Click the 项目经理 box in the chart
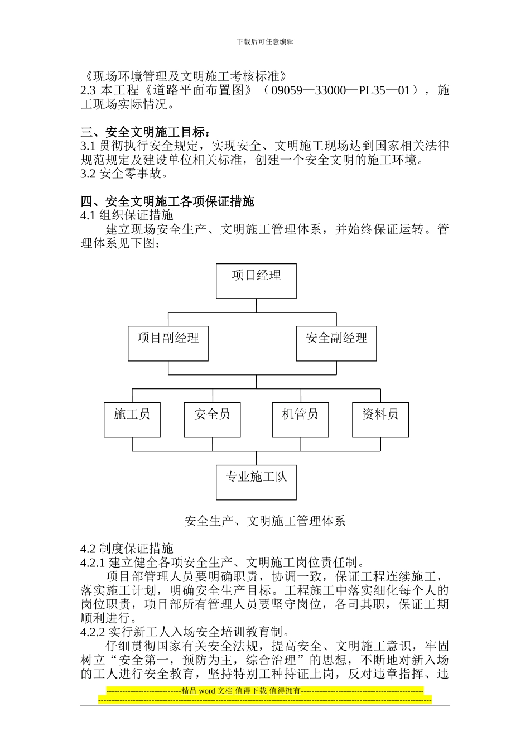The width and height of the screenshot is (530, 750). point(256,281)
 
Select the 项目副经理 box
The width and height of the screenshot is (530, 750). point(168,343)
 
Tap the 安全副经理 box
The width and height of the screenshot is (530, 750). point(336,343)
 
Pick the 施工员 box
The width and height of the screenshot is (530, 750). point(132,420)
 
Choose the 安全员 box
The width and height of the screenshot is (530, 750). point(212,420)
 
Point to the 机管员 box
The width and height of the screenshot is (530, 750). point(300,420)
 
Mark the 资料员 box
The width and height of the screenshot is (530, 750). point(380,420)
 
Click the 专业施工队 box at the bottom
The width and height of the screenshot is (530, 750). point(256,482)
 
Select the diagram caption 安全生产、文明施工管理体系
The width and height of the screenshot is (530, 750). point(265,521)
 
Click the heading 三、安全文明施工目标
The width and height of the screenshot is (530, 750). point(146,132)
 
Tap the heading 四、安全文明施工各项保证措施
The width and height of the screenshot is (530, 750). point(167,201)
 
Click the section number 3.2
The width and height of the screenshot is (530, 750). point(88,174)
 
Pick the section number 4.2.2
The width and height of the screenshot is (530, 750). point(93,632)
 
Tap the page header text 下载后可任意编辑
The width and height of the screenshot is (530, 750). point(265,41)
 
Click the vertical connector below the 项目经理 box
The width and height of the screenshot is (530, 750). point(256,305)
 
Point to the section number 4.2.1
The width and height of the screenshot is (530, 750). point(93,562)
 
